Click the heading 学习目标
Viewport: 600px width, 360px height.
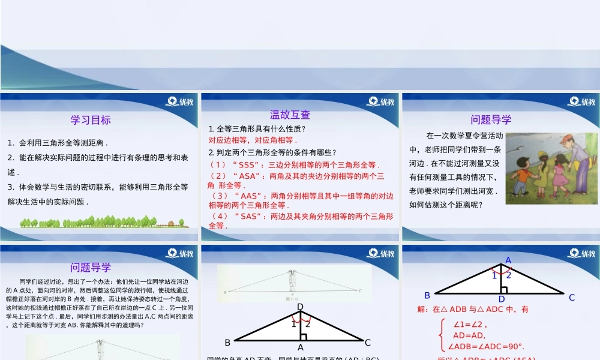(x=91, y=119)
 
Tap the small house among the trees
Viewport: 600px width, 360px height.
(x=171, y=224)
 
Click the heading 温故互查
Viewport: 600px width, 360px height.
(x=290, y=115)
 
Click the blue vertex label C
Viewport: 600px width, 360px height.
(x=572, y=297)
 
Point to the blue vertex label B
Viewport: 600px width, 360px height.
(x=428, y=295)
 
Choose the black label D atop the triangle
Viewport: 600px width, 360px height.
(x=301, y=307)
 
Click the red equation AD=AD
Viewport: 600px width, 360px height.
(x=469, y=335)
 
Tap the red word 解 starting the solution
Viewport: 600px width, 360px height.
(x=420, y=310)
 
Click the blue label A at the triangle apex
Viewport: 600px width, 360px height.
(x=508, y=260)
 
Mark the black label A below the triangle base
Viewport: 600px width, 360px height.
(x=301, y=347)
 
